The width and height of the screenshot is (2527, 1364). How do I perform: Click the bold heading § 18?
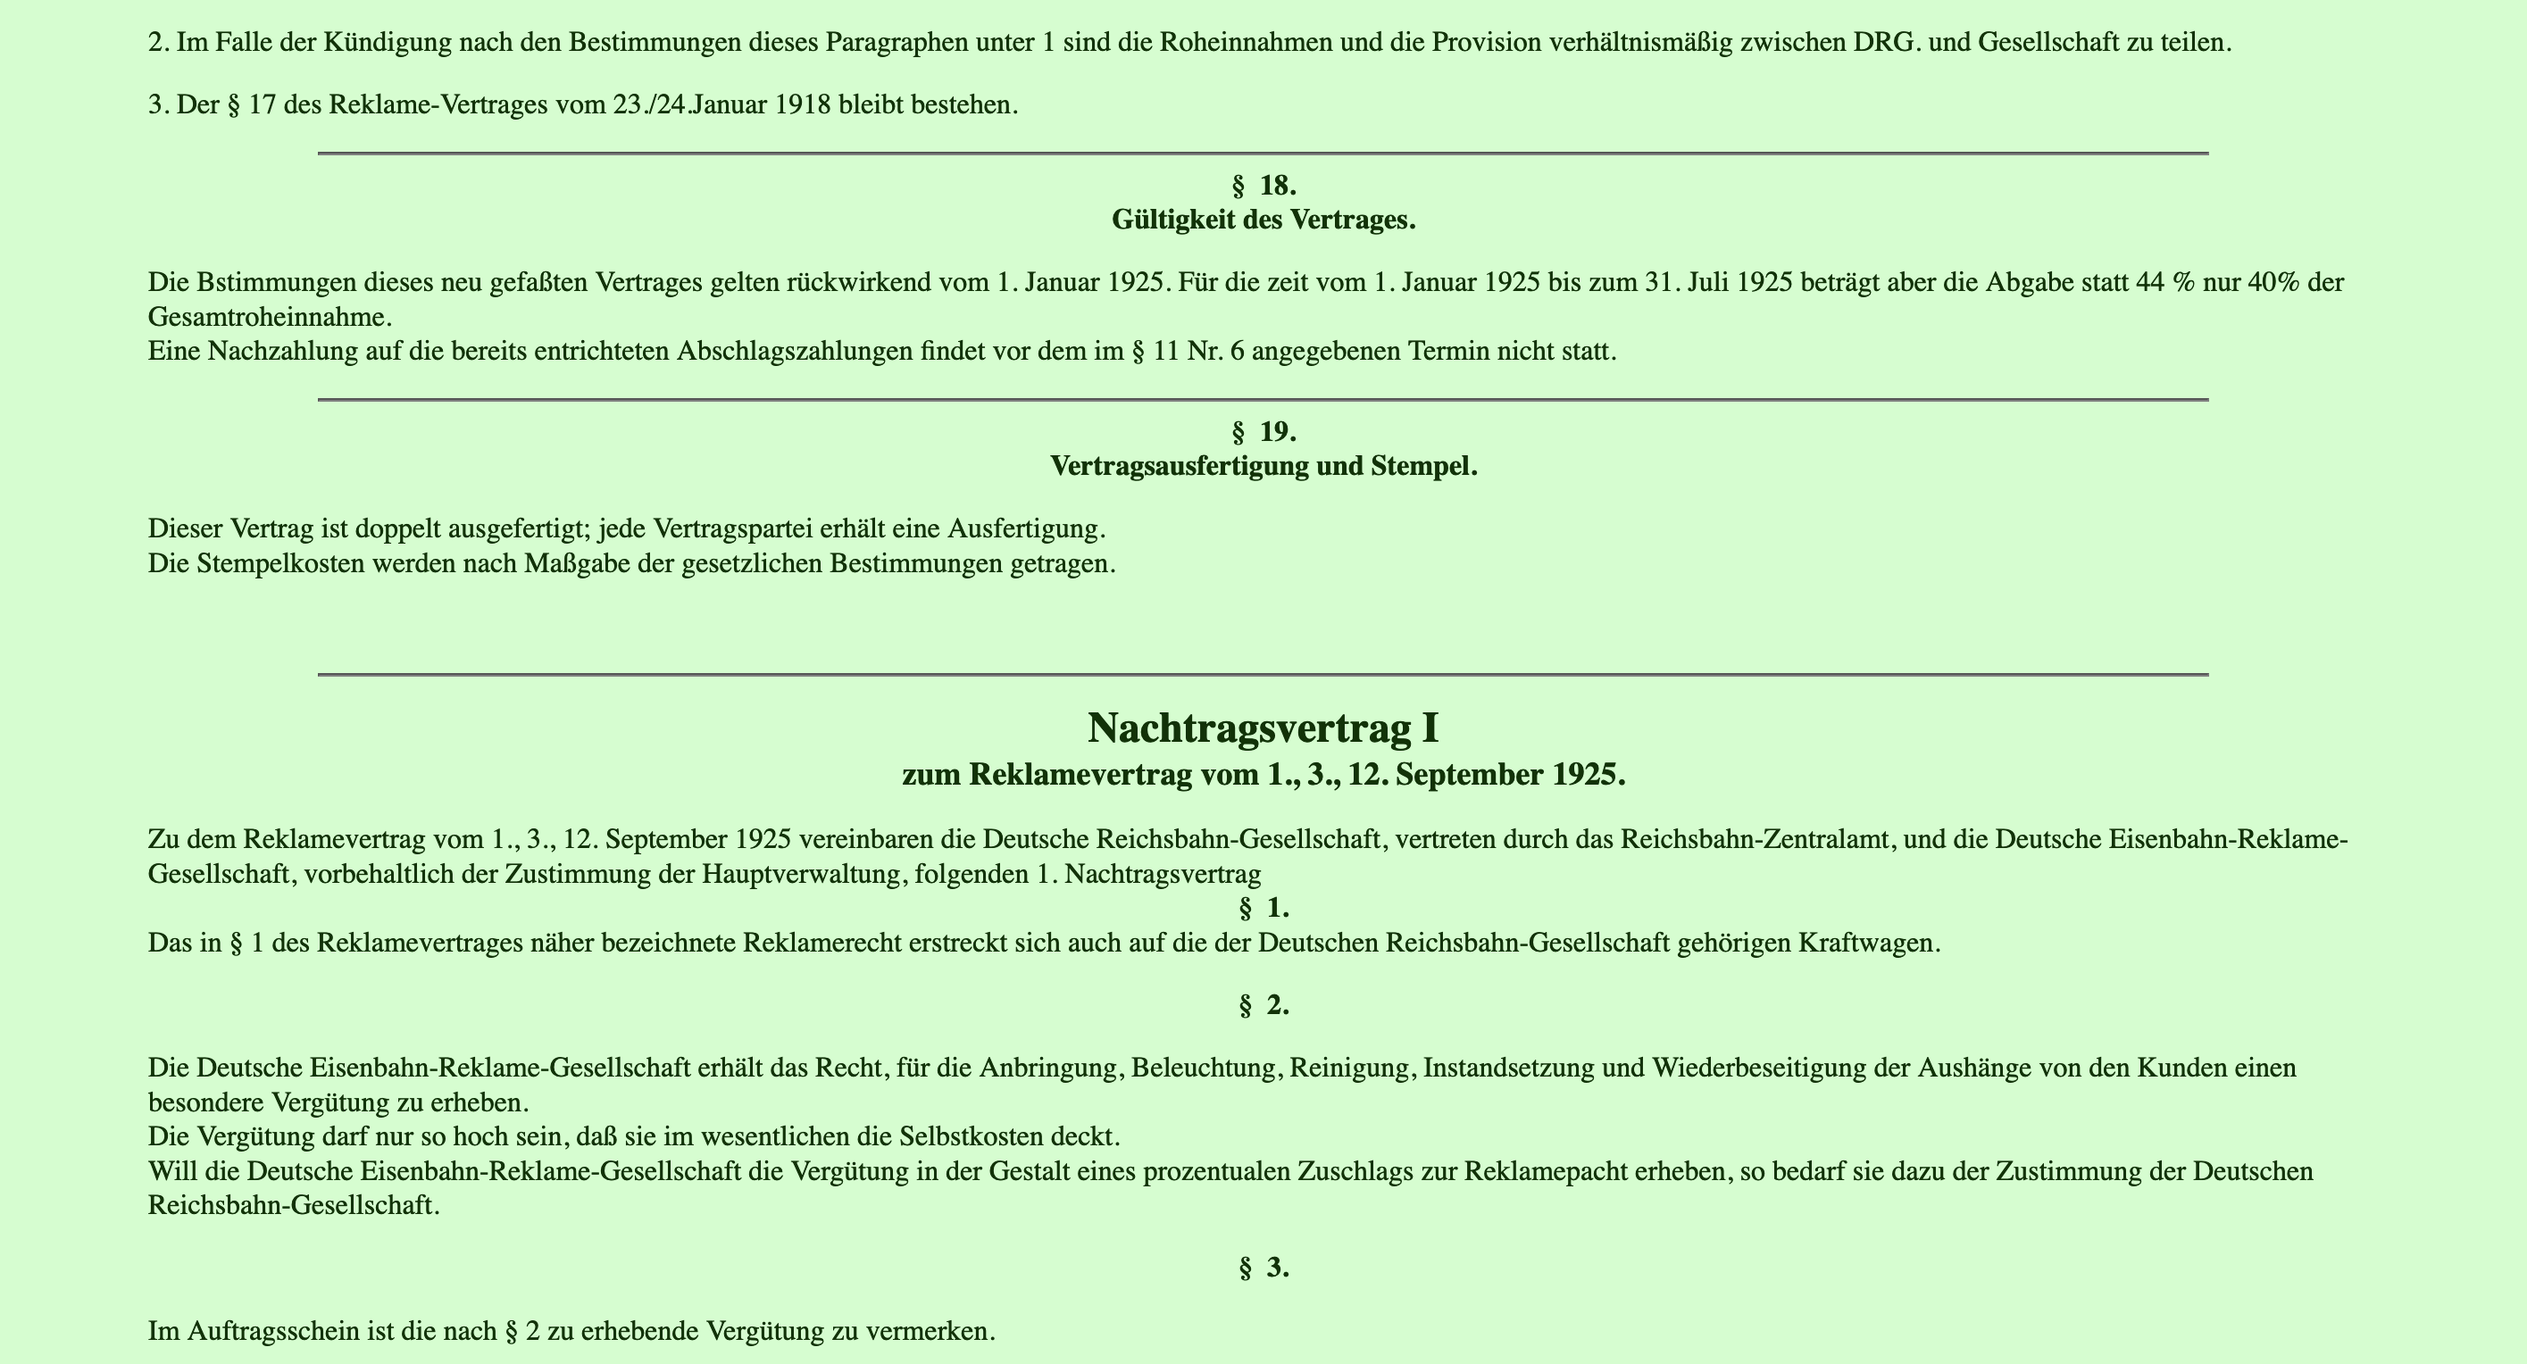[x=1263, y=186]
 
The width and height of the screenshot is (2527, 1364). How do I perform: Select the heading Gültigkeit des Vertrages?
[x=1263, y=220]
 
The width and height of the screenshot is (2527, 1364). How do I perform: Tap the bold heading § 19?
[x=1263, y=431]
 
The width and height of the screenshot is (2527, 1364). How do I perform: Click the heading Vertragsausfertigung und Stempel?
[x=1263, y=467]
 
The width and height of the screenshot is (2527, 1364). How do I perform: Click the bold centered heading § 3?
[x=1263, y=1268]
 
